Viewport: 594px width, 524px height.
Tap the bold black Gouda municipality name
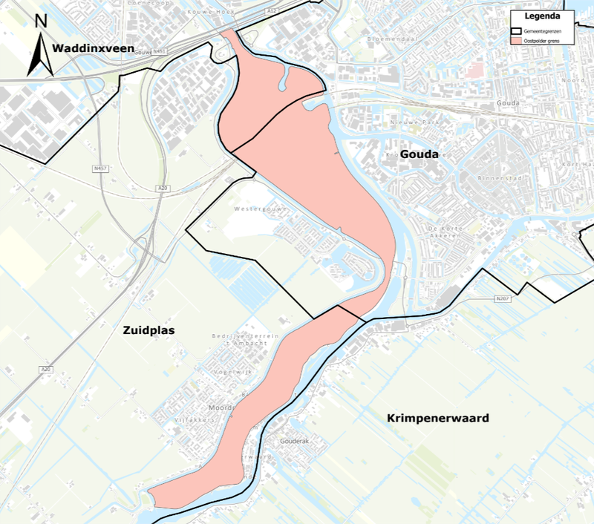pos(420,154)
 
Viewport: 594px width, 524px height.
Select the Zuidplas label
pos(148,330)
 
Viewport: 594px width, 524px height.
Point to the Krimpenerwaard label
pos(438,419)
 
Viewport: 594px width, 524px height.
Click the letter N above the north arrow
pos(42,22)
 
